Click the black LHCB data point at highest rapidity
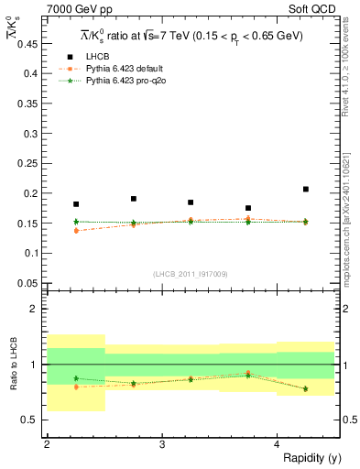tap(306, 190)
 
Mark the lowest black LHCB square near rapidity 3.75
tap(248, 208)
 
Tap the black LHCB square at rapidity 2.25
tap(76, 204)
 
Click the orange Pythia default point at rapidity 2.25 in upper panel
tap(76, 230)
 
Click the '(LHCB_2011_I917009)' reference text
tap(191, 274)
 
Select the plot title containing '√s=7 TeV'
tap(191, 35)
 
